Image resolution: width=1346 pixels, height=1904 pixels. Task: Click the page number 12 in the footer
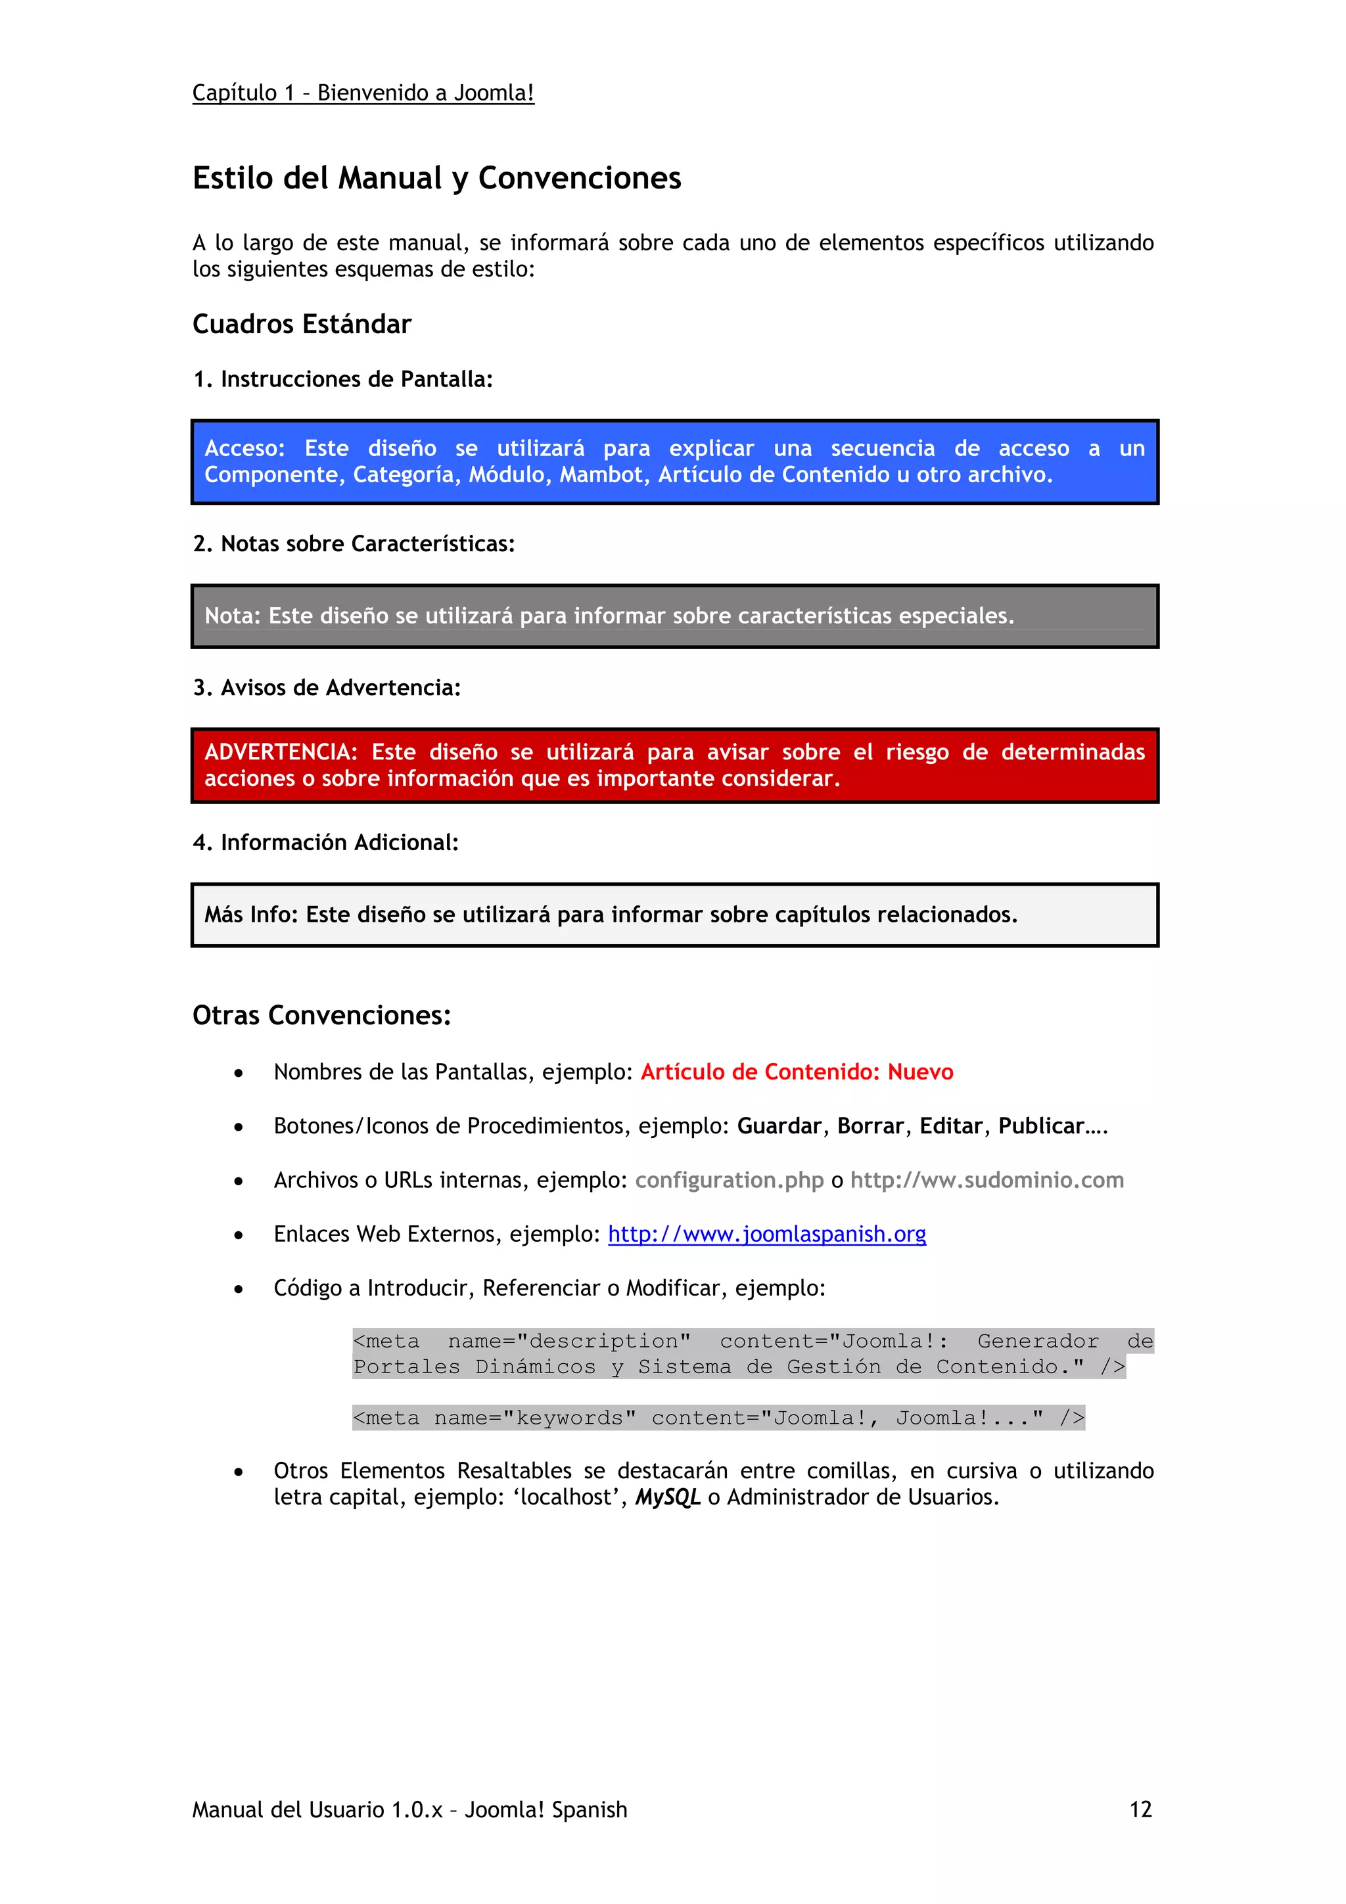click(x=1140, y=1809)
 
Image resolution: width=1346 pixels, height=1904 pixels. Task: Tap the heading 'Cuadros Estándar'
click(x=301, y=325)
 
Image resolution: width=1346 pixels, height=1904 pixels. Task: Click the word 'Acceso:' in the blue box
click(x=244, y=449)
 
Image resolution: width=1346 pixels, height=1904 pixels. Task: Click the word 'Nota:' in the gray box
click(x=232, y=616)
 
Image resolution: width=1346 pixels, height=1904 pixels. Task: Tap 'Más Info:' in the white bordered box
click(x=250, y=915)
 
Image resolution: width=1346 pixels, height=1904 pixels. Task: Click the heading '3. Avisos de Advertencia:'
click(x=326, y=687)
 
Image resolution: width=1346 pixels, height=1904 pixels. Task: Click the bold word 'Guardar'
click(x=778, y=1126)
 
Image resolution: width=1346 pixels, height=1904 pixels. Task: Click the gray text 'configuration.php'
click(x=729, y=1180)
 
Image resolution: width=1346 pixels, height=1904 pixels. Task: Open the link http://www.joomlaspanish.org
click(x=766, y=1234)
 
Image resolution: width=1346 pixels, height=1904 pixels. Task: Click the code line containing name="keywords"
click(x=718, y=1418)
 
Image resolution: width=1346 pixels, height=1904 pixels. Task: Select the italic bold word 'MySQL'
click(x=668, y=1498)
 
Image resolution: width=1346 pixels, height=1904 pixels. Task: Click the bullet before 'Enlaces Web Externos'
click(x=239, y=1236)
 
